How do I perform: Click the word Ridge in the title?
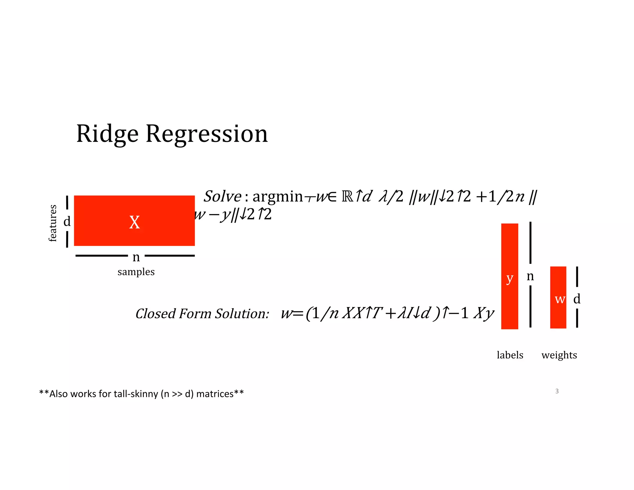tap(107, 134)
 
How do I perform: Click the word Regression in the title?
tap(206, 134)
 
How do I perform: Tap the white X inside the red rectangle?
tap(134, 222)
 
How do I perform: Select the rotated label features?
tap(53, 223)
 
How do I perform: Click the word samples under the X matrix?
tap(136, 272)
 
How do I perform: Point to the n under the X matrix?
tap(136, 257)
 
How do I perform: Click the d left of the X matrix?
tap(67, 221)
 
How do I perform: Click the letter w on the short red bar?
tap(560, 299)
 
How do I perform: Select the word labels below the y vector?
tap(510, 355)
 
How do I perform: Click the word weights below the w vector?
tap(559, 355)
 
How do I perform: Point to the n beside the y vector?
tap(530, 276)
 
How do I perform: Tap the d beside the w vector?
tap(577, 299)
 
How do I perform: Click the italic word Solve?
tap(222, 196)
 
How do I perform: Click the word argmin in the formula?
tap(278, 196)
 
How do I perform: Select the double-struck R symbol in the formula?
tap(347, 196)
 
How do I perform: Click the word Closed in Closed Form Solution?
tap(156, 313)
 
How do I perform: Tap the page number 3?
tap(557, 391)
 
